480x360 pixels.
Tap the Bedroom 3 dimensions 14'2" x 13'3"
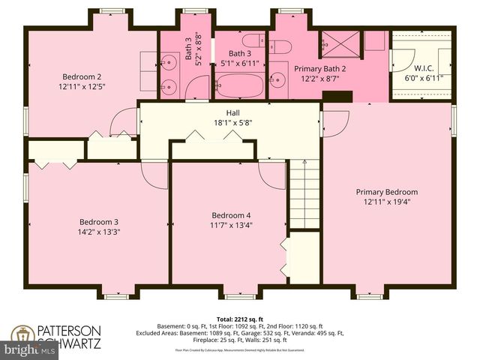100,232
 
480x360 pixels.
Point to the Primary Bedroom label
386,192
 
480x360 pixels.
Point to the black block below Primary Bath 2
337,97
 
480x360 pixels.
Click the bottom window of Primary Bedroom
369,296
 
